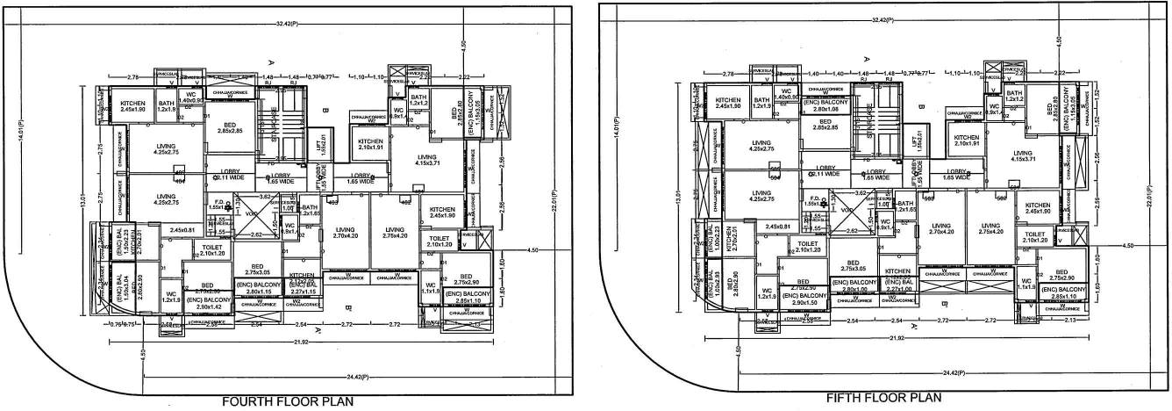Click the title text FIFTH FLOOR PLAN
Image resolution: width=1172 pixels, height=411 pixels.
click(883, 398)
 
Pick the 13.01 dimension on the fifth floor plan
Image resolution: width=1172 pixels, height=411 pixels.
click(678, 203)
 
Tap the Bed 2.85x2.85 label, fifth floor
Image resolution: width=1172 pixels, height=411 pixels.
click(824, 125)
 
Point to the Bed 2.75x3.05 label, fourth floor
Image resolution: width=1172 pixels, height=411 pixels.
click(257, 270)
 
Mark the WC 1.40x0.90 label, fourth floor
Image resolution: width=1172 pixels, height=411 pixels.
click(191, 98)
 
